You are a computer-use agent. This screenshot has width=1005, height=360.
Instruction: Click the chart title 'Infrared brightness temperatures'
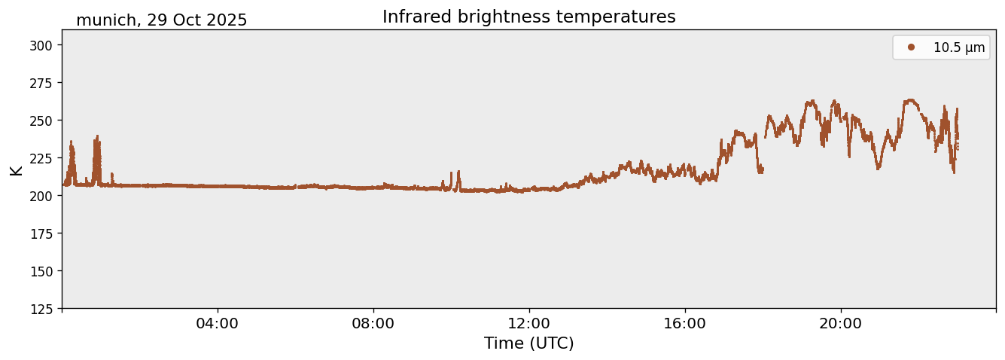click(528, 17)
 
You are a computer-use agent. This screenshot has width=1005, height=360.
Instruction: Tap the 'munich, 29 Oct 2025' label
click(161, 20)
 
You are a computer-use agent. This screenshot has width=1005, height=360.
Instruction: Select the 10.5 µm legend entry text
click(958, 47)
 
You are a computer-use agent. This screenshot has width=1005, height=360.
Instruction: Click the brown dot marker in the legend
click(911, 47)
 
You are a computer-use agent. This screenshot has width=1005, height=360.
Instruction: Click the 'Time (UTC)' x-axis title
click(528, 343)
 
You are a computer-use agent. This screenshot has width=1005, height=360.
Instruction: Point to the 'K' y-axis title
click(16, 169)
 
